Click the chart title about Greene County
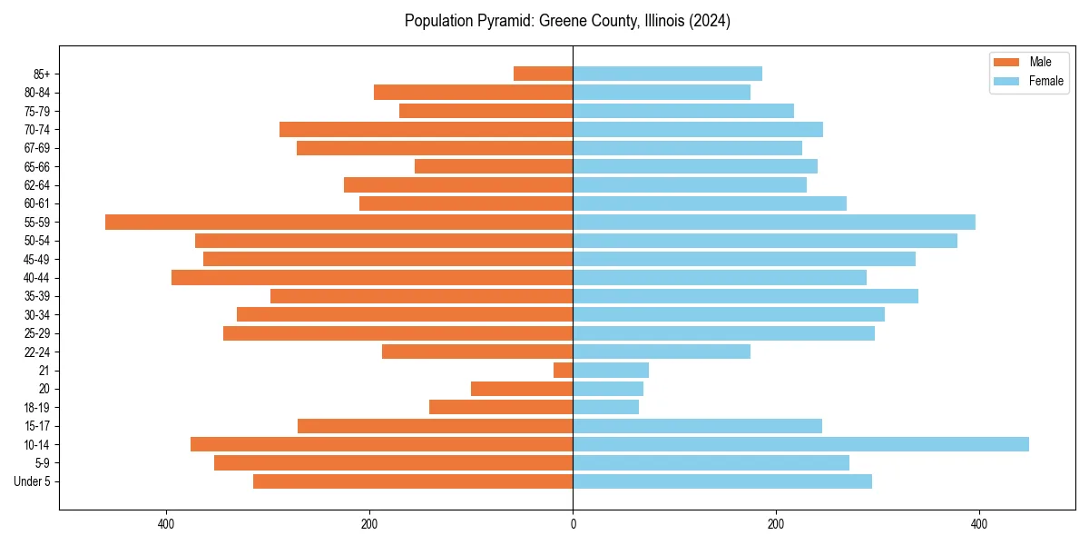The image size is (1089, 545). [x=567, y=21]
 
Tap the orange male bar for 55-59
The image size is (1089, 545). [x=338, y=223]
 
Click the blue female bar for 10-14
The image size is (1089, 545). [x=800, y=444]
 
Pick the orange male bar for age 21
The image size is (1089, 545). [x=564, y=371]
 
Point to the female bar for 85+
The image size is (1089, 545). [x=667, y=74]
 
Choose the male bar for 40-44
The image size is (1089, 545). [x=372, y=278]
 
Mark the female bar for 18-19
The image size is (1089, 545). [x=605, y=407]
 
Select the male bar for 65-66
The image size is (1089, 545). [x=494, y=166]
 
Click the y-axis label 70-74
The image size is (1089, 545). [x=37, y=130]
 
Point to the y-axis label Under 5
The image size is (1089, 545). [x=33, y=481]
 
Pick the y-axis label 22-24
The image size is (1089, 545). [x=37, y=352]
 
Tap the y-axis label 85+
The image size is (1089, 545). [x=41, y=74]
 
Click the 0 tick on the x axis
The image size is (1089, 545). [x=573, y=524]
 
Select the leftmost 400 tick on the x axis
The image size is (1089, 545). [x=166, y=524]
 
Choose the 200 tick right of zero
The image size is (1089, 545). [x=776, y=524]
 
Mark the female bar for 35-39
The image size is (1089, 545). [x=745, y=296]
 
